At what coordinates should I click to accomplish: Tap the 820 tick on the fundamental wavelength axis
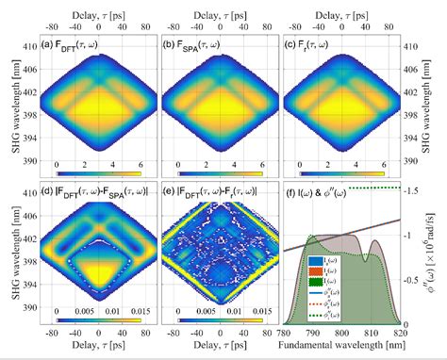click(x=400, y=333)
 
